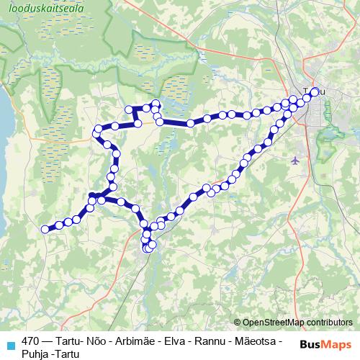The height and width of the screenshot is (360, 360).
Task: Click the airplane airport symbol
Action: pyautogui.click(x=297, y=160)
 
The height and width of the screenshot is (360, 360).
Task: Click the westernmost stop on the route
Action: pyautogui.click(x=45, y=230)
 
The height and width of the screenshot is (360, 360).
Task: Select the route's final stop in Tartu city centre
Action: pyautogui.click(x=315, y=91)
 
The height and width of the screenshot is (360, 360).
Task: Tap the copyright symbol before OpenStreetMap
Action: pyautogui.click(x=238, y=323)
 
